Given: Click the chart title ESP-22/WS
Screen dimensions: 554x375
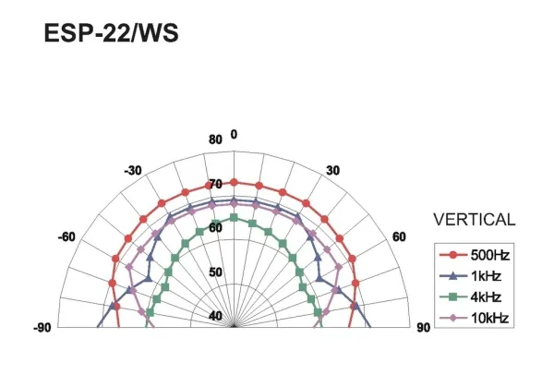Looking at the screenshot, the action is pyautogui.click(x=112, y=33).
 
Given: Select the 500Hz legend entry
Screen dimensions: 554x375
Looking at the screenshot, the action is pyautogui.click(x=475, y=255).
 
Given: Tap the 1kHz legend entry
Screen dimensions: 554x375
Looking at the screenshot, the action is pyautogui.click(x=470, y=276).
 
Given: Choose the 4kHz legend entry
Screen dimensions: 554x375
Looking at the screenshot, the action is pyautogui.click(x=470, y=296).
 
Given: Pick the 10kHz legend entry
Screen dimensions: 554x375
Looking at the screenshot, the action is pyautogui.click(x=475, y=318).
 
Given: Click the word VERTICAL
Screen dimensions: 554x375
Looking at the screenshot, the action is pyautogui.click(x=475, y=220).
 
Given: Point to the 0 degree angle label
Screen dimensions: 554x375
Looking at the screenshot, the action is pyautogui.click(x=234, y=134).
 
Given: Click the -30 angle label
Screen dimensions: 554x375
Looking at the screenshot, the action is pyautogui.click(x=133, y=171).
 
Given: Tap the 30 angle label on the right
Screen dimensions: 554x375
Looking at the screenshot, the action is pyautogui.click(x=332, y=171).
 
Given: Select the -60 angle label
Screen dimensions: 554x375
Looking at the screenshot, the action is pyautogui.click(x=66, y=236).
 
